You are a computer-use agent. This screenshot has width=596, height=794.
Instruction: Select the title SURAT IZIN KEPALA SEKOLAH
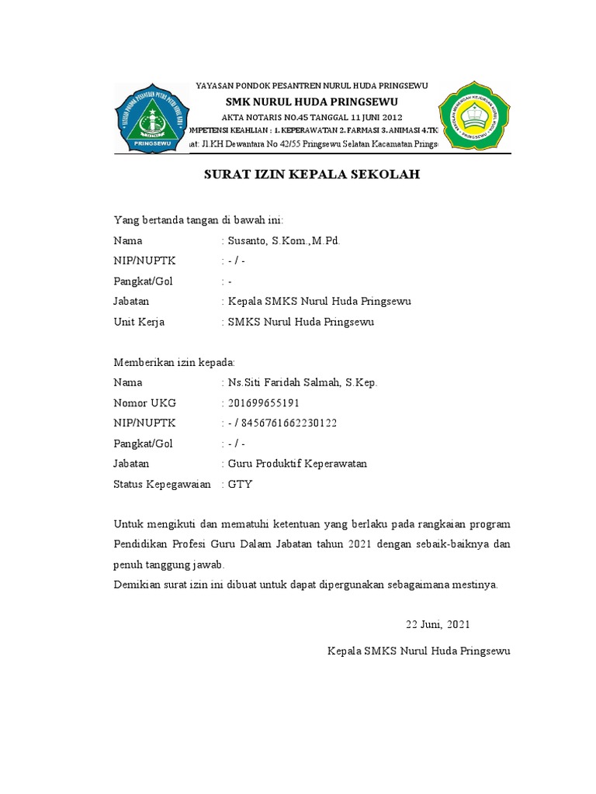click(x=311, y=175)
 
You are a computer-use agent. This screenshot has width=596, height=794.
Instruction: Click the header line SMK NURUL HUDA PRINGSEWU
click(x=311, y=102)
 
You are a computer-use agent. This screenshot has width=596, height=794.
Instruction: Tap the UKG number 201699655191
click(x=263, y=403)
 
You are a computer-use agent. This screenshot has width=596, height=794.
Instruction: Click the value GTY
click(x=240, y=484)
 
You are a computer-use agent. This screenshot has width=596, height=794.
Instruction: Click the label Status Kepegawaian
click(x=162, y=484)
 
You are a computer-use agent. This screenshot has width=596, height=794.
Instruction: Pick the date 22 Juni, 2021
click(x=438, y=624)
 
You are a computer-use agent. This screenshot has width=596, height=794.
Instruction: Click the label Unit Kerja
click(x=139, y=322)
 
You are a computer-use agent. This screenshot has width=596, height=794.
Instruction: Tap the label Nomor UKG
click(x=145, y=403)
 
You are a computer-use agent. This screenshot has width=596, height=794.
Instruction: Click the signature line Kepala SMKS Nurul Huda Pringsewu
click(x=418, y=651)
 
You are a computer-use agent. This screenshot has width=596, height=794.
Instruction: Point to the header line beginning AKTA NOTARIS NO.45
click(x=311, y=116)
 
